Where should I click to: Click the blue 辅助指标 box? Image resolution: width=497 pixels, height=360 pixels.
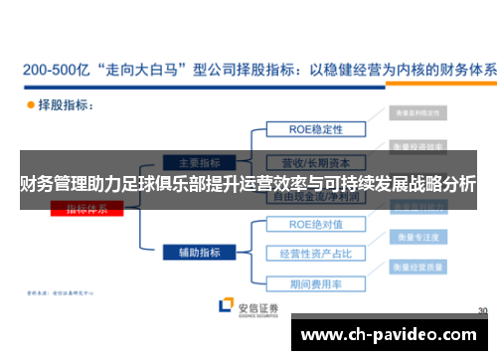[x=199, y=253]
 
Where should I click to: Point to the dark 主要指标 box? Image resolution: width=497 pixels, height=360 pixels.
[x=199, y=162]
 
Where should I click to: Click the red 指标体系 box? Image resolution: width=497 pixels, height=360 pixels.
[x=94, y=208]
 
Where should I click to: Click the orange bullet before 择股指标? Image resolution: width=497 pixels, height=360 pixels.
[x=29, y=103]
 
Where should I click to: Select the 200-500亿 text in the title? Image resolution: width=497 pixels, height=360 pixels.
[x=57, y=71]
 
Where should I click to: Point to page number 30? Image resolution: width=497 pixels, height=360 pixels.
[x=482, y=310]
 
